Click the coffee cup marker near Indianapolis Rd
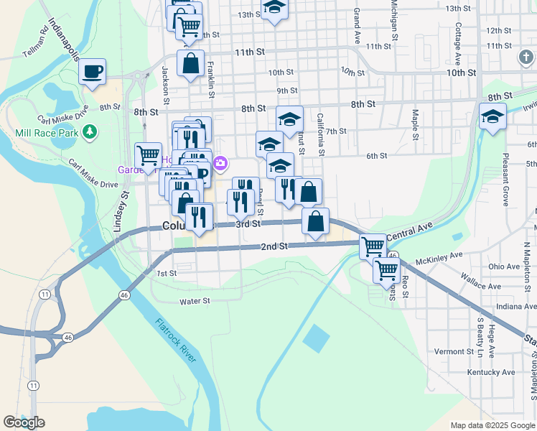93,72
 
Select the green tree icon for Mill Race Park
90,131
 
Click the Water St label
195,302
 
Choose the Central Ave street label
409,231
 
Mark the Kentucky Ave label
491,372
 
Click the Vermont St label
453,351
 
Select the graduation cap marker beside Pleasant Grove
493,116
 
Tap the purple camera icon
220,164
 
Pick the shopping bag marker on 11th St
191,63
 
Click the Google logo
24,422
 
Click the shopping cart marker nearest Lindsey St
148,155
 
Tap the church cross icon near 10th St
526,55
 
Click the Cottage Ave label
457,41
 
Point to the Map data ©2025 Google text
492,425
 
